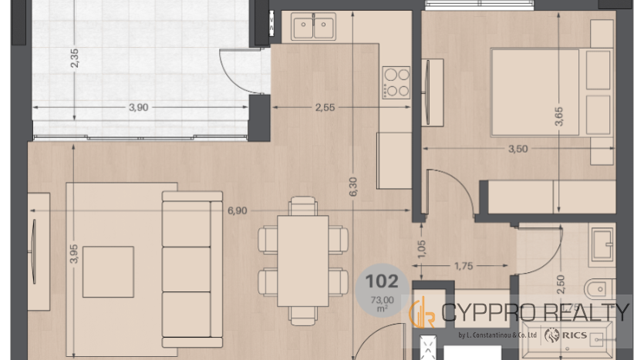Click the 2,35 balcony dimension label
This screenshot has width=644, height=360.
point(74,58)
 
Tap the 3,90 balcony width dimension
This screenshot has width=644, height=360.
point(138,108)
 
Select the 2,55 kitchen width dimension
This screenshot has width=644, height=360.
point(325,108)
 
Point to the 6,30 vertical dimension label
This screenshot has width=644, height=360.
point(353,187)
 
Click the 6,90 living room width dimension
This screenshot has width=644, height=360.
point(238,210)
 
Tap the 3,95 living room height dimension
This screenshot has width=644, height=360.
point(74,254)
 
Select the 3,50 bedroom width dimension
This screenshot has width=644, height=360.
point(518,149)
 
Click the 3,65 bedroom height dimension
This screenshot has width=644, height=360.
point(558,116)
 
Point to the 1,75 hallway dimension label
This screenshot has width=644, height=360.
point(464,266)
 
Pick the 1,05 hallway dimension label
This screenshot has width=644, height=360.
point(421,249)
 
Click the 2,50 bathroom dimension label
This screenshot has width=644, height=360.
point(560,284)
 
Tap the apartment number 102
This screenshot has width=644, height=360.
point(382,281)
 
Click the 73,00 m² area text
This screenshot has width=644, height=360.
point(382,304)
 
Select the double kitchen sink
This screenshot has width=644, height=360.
point(313,26)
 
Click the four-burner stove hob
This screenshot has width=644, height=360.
point(396,82)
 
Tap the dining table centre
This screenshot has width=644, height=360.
point(303,261)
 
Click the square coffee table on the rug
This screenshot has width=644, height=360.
point(109,272)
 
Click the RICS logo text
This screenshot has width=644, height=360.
point(574,335)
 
